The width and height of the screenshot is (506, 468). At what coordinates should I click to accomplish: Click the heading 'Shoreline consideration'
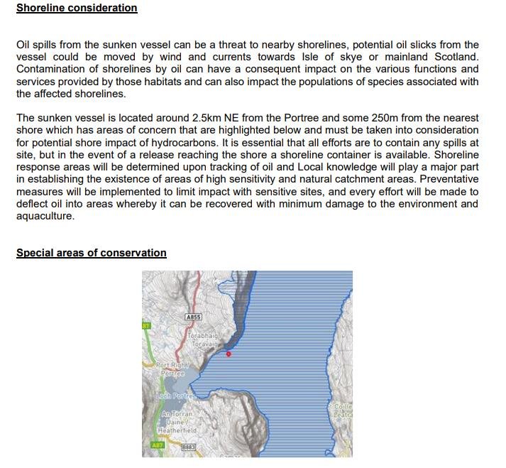(x=77, y=9)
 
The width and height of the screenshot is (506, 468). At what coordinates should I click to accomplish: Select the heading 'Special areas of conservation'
(x=91, y=253)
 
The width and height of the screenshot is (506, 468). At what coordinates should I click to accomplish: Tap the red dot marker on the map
(x=228, y=354)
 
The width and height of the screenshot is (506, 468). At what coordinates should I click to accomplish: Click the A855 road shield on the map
(x=193, y=317)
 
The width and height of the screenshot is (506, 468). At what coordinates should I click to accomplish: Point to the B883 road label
(x=188, y=447)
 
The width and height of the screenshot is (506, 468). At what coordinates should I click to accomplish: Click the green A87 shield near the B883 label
(x=157, y=446)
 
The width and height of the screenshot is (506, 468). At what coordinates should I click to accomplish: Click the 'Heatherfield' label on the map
(x=177, y=430)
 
